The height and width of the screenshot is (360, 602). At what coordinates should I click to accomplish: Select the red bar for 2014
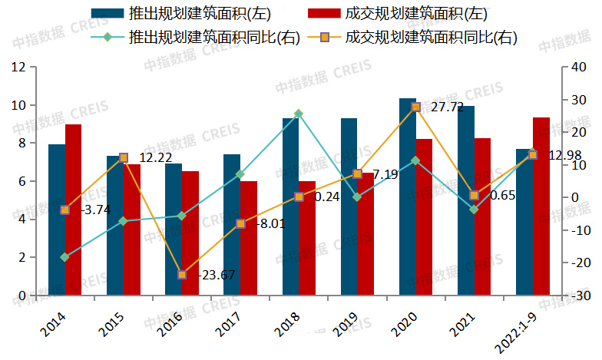tap(73, 210)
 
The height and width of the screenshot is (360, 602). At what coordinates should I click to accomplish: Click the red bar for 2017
tap(248, 238)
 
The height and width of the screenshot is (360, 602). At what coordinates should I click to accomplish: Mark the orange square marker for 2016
tap(182, 274)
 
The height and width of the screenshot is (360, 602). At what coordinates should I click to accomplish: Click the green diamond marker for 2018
tap(299, 114)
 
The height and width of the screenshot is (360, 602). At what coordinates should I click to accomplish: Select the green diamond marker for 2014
tap(65, 257)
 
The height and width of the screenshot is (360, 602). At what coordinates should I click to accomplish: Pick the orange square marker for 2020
tap(415, 107)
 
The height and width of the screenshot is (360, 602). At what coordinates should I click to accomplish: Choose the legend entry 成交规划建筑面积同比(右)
tap(430, 37)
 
